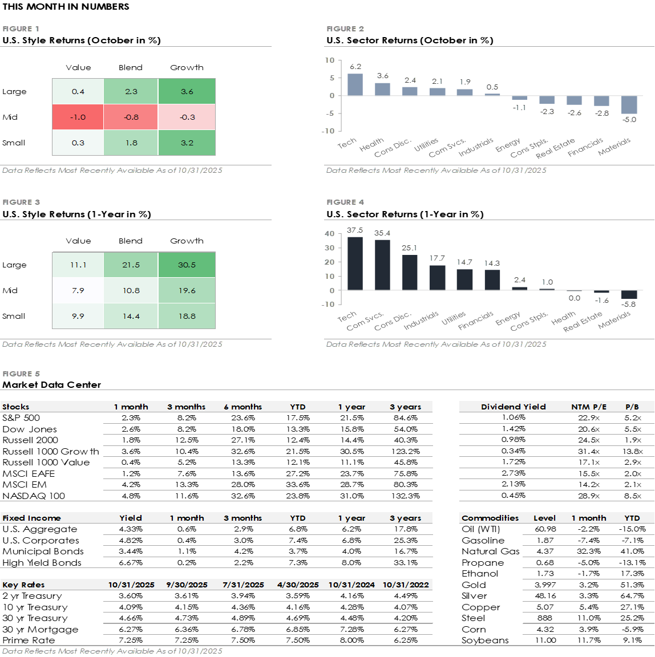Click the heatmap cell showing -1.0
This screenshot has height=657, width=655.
(x=78, y=117)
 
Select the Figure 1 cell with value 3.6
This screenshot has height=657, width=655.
(x=187, y=91)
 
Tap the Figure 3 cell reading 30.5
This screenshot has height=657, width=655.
(x=187, y=265)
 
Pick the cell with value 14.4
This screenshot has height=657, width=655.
(x=131, y=316)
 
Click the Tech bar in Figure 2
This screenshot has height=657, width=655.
(x=355, y=84)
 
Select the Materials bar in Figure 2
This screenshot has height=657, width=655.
(x=629, y=105)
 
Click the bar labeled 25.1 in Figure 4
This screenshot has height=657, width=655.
(x=410, y=273)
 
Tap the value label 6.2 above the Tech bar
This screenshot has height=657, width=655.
(x=355, y=67)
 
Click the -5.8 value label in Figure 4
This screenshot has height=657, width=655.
(x=629, y=305)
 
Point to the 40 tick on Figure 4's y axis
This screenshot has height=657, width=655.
(x=330, y=234)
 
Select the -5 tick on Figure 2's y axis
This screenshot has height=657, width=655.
(x=330, y=113)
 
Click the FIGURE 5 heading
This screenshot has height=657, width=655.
(x=21, y=374)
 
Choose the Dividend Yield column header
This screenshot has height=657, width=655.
(x=513, y=407)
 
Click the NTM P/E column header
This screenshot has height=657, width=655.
(x=589, y=407)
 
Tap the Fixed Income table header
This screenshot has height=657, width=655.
(x=31, y=518)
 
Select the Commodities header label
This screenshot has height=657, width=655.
(x=490, y=518)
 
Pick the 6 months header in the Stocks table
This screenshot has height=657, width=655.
(x=242, y=407)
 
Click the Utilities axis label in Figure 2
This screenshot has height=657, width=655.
(x=427, y=144)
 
